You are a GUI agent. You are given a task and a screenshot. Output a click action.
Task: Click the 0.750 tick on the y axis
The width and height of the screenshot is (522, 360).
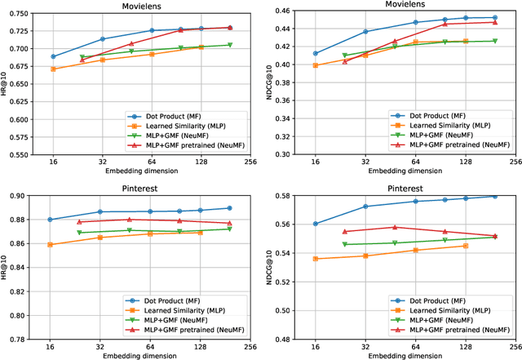point(15,13)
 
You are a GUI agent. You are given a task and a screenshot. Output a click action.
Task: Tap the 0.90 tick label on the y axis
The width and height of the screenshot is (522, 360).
point(20,196)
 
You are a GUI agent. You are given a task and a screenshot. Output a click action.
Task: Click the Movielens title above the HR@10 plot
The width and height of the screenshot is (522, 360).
point(140,6)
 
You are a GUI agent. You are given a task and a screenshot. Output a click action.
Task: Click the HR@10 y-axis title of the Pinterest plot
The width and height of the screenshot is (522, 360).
point(7,268)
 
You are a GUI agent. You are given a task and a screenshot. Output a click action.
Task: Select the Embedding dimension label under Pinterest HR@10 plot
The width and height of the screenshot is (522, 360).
point(140,355)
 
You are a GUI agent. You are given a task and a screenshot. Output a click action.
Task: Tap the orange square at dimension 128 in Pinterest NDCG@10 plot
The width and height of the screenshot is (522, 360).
point(466,246)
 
